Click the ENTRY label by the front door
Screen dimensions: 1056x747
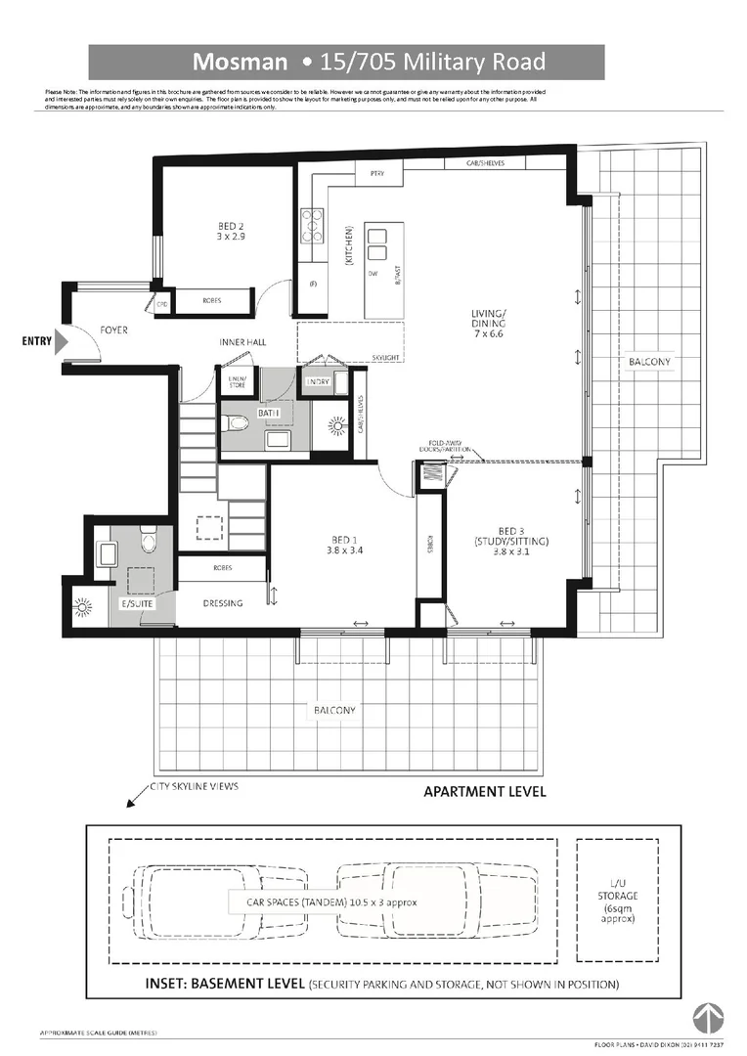(37, 341)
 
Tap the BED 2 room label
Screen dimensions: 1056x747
(231, 230)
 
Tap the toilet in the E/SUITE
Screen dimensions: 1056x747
(148, 539)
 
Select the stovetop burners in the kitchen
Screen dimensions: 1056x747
(313, 226)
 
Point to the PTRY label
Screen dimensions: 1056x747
(376, 174)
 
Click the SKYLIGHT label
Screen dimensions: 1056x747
(385, 359)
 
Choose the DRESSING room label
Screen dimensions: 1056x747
(223, 603)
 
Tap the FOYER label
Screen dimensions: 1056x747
(114, 330)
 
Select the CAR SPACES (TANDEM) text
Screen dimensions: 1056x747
(323, 902)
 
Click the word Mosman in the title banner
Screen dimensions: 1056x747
(240, 63)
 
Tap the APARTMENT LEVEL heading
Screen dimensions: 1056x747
(484, 792)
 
